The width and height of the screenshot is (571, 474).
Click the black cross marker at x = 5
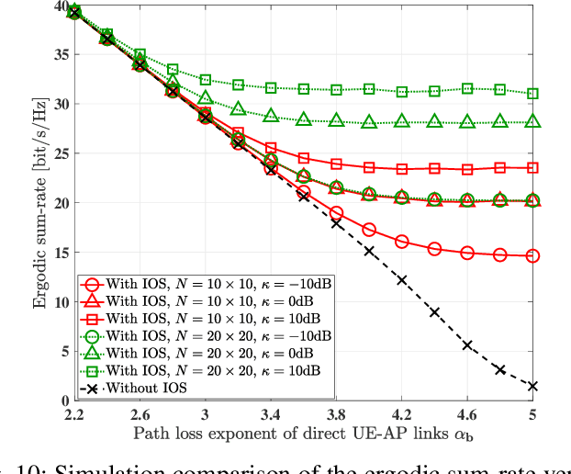tap(532, 386)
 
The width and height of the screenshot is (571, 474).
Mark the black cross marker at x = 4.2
tap(402, 279)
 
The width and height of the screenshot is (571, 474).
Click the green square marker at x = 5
tap(532, 94)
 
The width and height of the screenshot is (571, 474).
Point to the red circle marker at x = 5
tap(532, 255)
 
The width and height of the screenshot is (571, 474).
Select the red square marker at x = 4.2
tap(402, 169)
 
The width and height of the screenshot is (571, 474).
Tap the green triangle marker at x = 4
tap(369, 122)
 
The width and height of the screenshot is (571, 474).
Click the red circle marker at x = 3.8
tap(336, 213)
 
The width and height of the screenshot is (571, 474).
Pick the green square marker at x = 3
tap(206, 80)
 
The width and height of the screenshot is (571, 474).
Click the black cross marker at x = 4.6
tap(467, 345)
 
